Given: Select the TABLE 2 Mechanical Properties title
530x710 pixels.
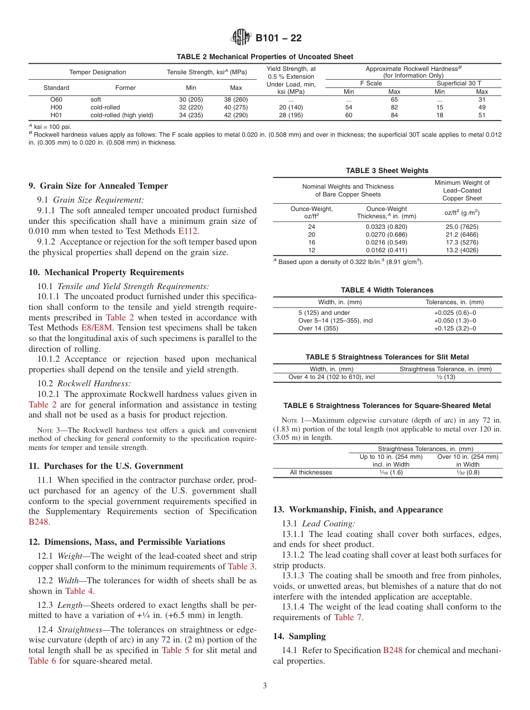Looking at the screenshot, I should pos(264,57).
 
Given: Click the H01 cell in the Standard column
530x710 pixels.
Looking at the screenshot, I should pos(56,115).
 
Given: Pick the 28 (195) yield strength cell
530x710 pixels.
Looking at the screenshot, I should pos(291,115).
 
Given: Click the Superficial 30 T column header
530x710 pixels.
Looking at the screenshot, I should pos(459,83).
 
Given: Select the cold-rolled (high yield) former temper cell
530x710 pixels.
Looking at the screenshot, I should pos(122,115).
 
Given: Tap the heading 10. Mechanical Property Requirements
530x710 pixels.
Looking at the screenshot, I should pos(106,272).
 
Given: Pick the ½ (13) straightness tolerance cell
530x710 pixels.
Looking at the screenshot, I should pos(446,377).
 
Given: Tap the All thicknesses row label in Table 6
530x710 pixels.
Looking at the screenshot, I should pos(311,472).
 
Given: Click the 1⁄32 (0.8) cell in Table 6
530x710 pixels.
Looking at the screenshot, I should pos(468,472).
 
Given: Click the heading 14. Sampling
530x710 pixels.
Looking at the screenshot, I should pos(299,636).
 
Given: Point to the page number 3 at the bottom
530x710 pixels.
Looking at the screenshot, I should pos(264,686).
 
